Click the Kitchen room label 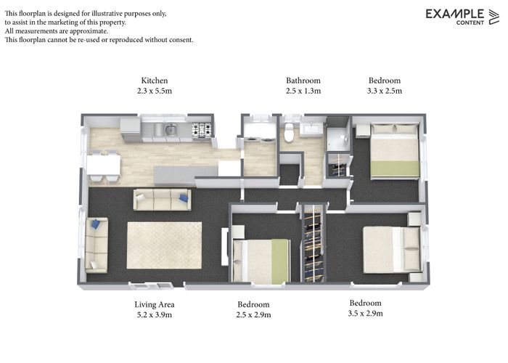[x=155, y=81]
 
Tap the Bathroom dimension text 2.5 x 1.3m [x=303, y=91]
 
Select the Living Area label [x=154, y=304]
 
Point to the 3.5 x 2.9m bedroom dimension [x=365, y=314]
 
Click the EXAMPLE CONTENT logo [x=462, y=16]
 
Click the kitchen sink [x=171, y=131]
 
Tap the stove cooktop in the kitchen [x=201, y=131]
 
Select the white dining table [x=104, y=165]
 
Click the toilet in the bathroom [x=289, y=133]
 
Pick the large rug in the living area [x=164, y=245]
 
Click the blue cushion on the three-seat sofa [x=184, y=197]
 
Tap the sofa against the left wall [x=96, y=245]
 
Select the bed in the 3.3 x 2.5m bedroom [x=395, y=151]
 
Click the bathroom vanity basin [x=313, y=129]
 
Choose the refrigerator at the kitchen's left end [x=131, y=129]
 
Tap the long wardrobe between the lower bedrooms [x=314, y=243]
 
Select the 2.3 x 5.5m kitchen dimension [x=155, y=91]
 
